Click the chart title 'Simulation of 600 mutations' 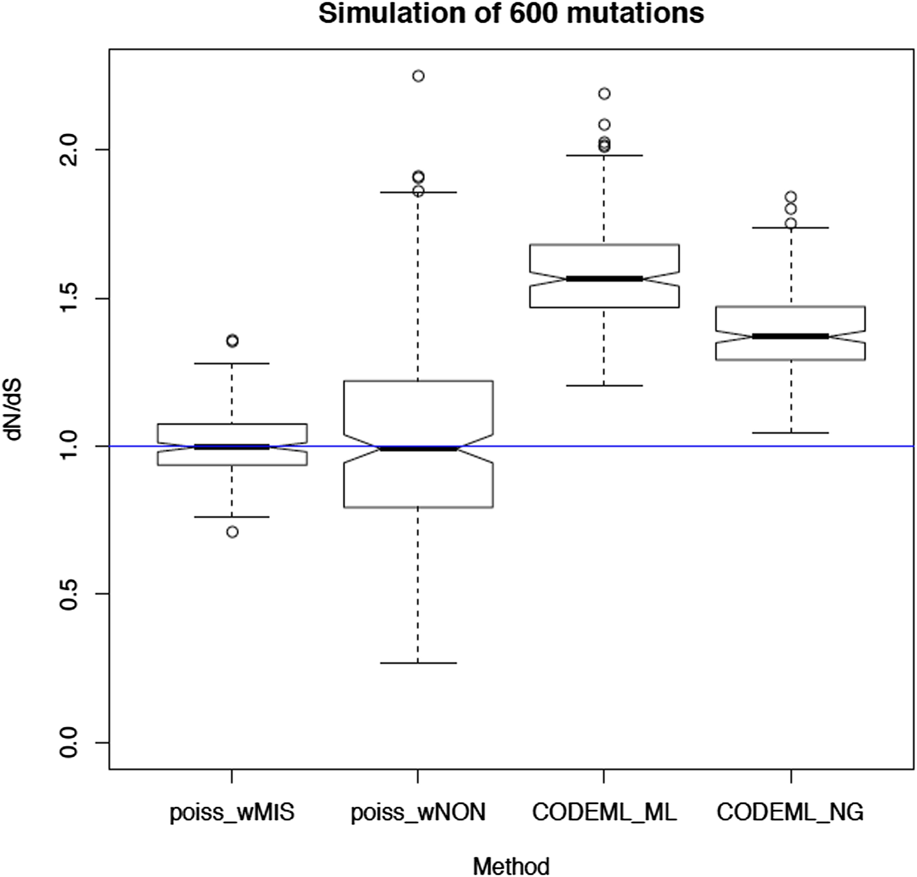point(511,14)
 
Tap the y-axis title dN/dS point(14,410)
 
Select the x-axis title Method point(511,866)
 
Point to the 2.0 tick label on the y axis point(69,150)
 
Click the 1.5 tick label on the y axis point(69,298)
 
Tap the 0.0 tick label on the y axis point(69,742)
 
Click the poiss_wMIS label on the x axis point(232,812)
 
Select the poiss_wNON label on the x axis point(418,812)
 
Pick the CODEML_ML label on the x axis point(604,812)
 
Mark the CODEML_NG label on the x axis point(790,812)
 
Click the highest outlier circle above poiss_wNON point(418,76)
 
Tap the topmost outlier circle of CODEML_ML point(604,94)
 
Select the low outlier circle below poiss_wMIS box point(232,532)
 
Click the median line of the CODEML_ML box point(604,279)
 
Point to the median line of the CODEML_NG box point(791,336)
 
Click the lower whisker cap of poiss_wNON point(418,663)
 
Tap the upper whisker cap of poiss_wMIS point(232,363)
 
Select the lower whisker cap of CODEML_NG point(791,433)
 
